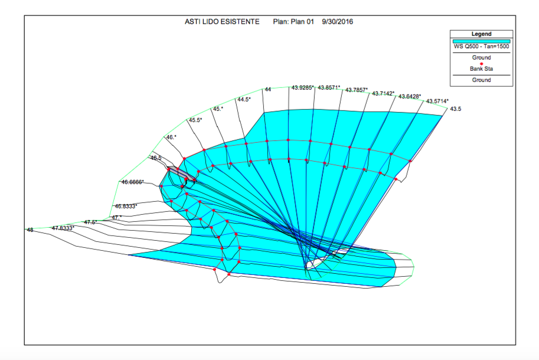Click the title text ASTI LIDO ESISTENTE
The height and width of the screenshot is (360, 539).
(222, 22)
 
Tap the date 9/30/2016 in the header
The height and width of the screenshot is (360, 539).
(337, 22)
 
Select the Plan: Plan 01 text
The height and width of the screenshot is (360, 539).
(293, 22)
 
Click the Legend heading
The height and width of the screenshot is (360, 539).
(481, 34)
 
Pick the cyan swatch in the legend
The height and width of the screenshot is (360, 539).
(481, 41)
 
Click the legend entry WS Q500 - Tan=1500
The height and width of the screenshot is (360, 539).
(481, 47)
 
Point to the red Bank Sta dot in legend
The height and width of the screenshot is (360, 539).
(481, 64)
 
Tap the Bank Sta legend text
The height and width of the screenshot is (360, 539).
(481, 68)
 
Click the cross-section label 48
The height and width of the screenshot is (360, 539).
(30, 230)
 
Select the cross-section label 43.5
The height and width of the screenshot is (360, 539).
(456, 109)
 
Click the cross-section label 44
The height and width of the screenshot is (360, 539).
(268, 89)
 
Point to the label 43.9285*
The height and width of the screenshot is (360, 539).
(302, 87)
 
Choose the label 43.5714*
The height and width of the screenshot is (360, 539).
(437, 101)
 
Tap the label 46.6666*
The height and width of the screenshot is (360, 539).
(133, 182)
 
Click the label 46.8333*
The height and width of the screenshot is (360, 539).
(126, 206)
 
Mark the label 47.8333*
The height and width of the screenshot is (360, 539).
(63, 228)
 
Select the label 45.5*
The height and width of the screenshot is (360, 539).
(195, 120)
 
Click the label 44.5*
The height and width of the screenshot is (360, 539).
(244, 99)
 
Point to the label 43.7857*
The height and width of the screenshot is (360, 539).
(357, 90)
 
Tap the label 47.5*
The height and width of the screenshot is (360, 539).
(91, 222)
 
